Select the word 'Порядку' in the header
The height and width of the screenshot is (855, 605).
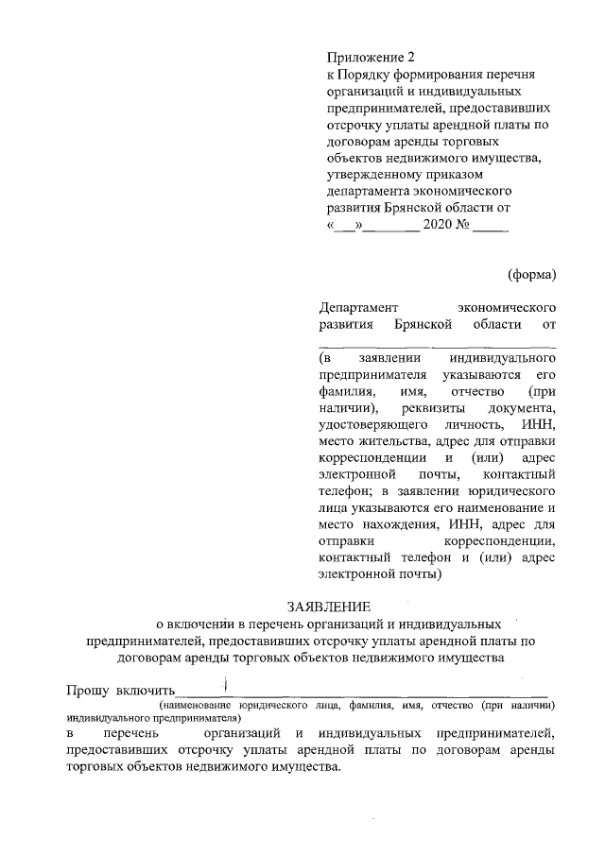(x=367, y=75)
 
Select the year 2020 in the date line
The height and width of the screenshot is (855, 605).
(x=439, y=227)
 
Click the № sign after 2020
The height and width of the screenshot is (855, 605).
(x=464, y=227)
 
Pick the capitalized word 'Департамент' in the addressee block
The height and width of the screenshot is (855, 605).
(x=359, y=308)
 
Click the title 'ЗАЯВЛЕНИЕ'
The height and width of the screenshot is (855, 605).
(x=329, y=606)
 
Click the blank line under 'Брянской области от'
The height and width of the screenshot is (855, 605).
(x=437, y=345)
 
